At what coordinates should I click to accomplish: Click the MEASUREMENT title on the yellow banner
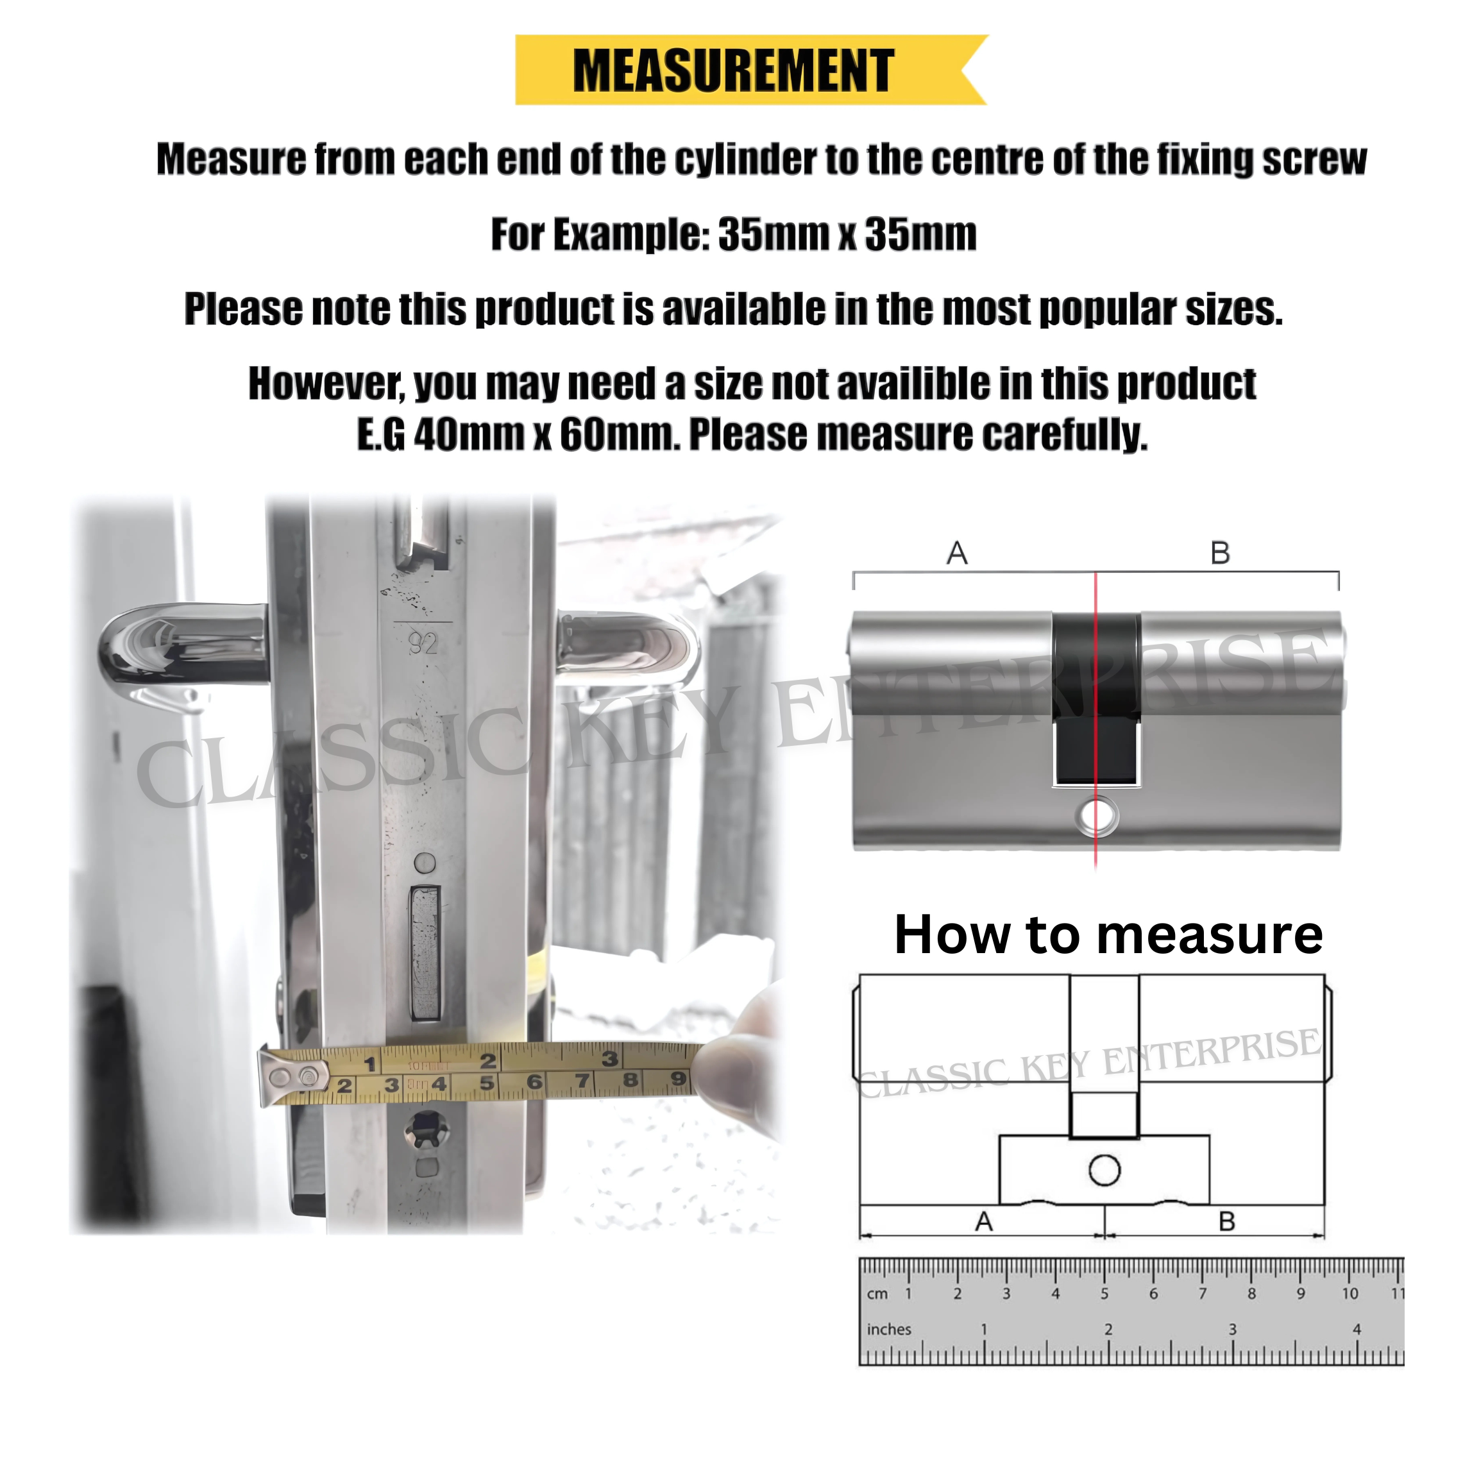point(733,70)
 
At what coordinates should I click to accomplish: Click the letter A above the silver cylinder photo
point(957,553)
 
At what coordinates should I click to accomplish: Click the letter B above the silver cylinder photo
point(1220,553)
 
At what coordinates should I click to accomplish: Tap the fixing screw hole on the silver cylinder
point(1097,816)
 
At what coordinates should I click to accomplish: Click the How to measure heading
point(1108,935)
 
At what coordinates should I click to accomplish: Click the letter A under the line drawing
point(984,1222)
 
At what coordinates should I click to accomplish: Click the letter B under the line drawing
point(1226,1222)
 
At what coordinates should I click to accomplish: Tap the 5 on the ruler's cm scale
point(1104,1294)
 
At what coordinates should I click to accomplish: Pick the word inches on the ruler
point(888,1330)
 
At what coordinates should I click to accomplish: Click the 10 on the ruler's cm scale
point(1349,1294)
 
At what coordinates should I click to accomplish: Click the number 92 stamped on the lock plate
point(423,645)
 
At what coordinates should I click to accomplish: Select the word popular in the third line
point(1108,309)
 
